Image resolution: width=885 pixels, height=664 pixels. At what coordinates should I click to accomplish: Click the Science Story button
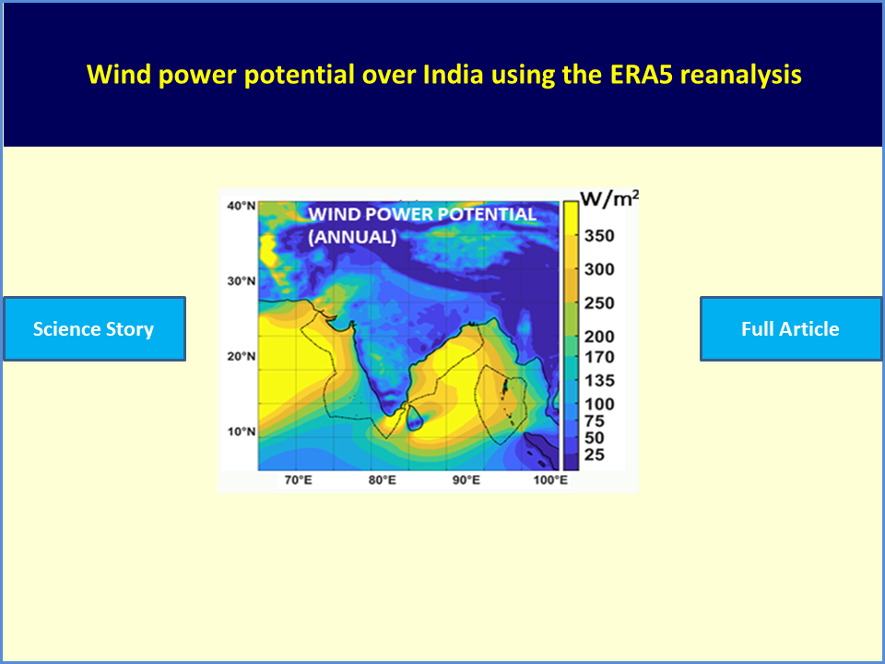tap(94, 328)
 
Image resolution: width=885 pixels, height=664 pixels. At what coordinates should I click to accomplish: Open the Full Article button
tap(790, 328)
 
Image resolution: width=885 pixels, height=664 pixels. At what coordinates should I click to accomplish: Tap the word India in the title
tap(454, 74)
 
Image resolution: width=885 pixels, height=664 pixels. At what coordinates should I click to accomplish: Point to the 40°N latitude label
tap(241, 206)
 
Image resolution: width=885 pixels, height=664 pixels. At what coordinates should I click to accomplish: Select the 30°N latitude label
tap(241, 280)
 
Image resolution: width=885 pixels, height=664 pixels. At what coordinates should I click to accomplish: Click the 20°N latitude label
tap(241, 356)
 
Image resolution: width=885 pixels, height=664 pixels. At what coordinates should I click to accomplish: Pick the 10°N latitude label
tap(241, 432)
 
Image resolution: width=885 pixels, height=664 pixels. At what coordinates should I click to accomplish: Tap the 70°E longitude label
tap(298, 480)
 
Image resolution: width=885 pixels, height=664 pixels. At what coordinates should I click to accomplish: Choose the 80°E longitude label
tap(382, 480)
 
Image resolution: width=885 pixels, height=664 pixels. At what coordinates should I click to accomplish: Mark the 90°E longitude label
tap(466, 480)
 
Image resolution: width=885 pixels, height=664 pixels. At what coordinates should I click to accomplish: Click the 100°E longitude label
tap(550, 480)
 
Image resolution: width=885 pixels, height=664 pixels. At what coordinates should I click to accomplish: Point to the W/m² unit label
tap(609, 198)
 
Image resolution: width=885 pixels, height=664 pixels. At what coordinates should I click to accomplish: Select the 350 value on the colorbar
tap(599, 235)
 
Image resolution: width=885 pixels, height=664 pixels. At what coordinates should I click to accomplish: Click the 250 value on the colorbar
tap(599, 303)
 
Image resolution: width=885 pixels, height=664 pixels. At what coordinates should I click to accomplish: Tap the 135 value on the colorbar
tap(599, 381)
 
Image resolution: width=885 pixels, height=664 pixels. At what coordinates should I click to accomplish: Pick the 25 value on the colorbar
tap(595, 455)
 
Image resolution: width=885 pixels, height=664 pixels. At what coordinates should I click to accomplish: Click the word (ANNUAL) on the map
tap(352, 237)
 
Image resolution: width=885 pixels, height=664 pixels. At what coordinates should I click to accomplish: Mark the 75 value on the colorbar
tap(595, 421)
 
